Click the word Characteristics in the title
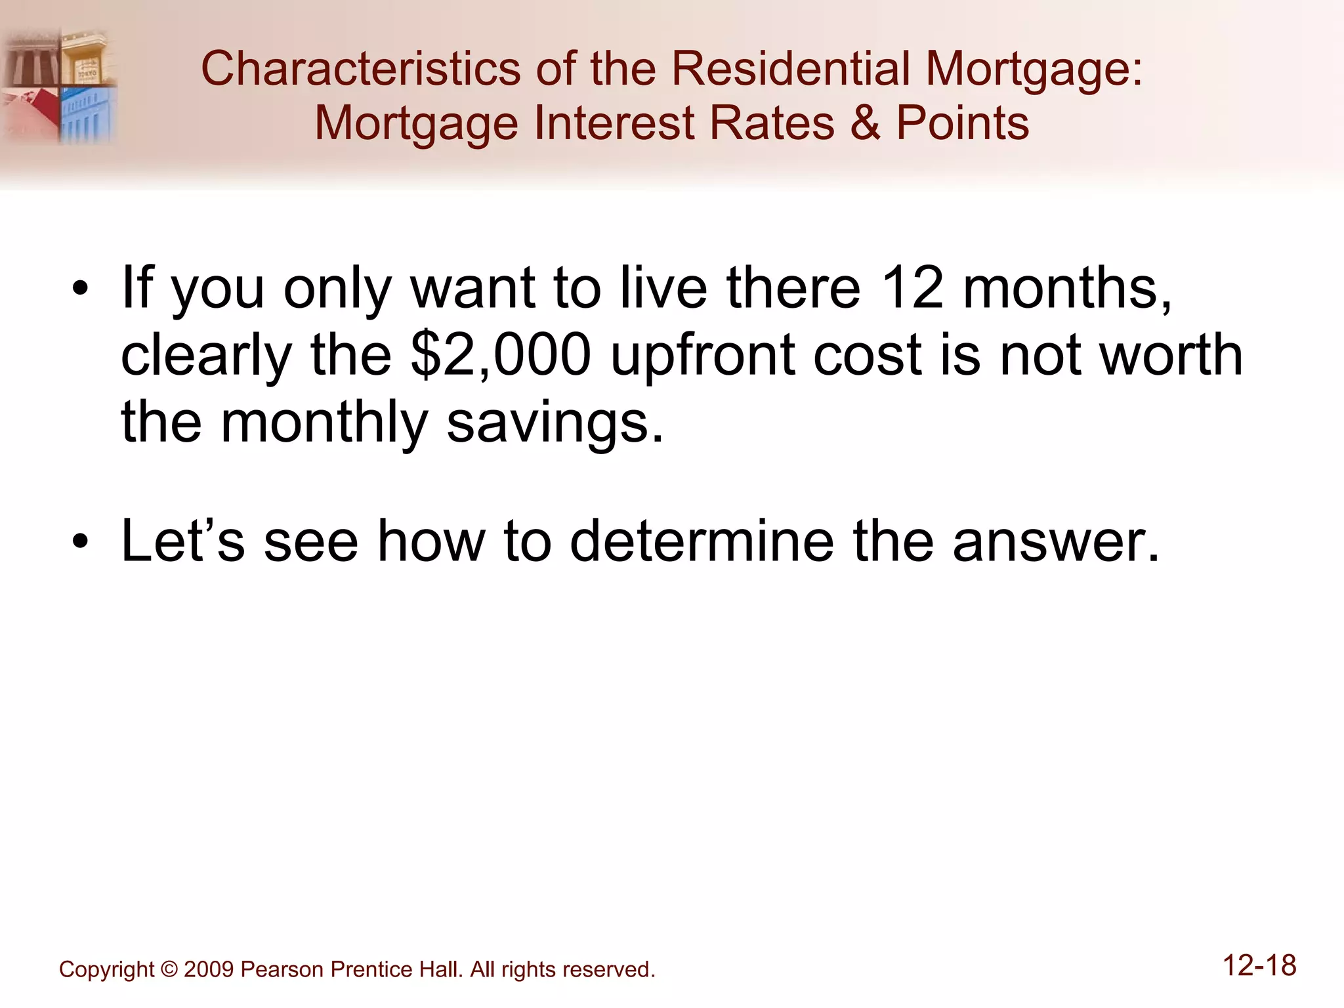click(360, 69)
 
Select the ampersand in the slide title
click(865, 123)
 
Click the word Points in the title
click(963, 123)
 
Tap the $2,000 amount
click(501, 355)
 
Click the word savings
click(555, 423)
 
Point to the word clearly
click(206, 355)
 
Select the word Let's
click(182, 541)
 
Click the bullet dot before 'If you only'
click(80, 289)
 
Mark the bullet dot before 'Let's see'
click(80, 543)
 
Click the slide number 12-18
click(1259, 966)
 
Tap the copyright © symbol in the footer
click(169, 969)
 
